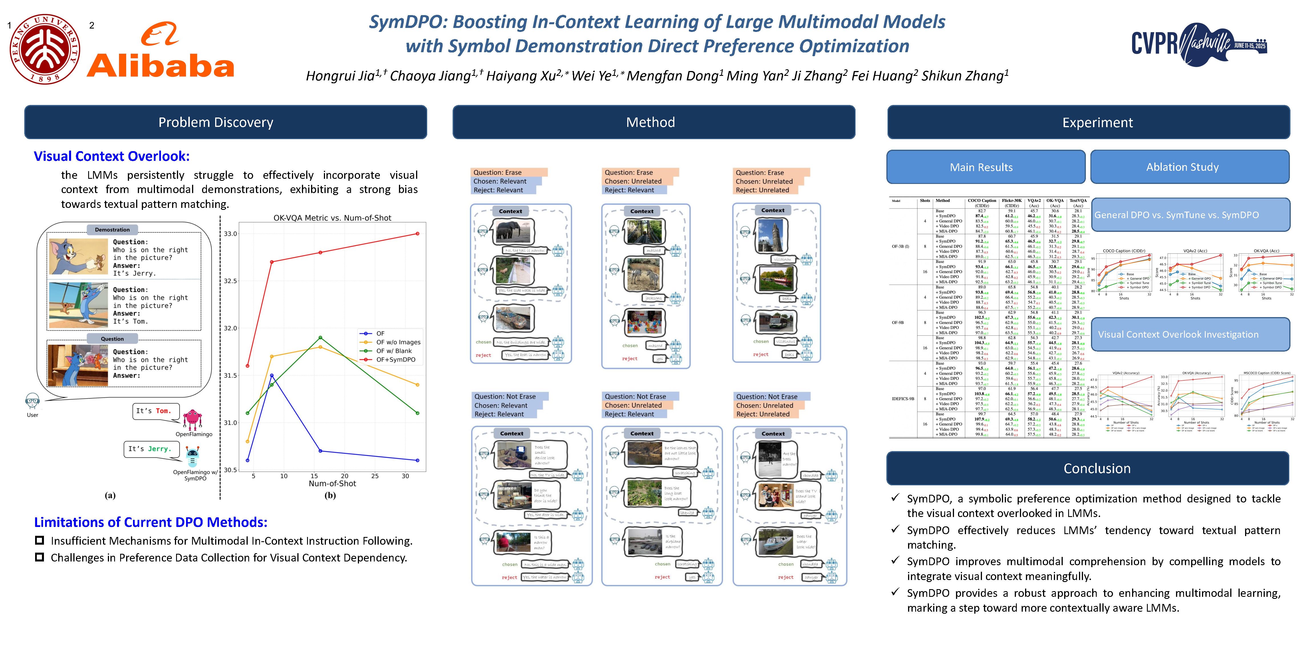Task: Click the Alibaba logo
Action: tap(160, 51)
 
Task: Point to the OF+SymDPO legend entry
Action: tap(396, 360)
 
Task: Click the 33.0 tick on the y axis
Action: tap(230, 234)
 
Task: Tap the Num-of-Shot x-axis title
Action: tap(332, 484)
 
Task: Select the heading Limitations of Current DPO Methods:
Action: tap(151, 522)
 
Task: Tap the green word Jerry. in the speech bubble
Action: tap(158, 449)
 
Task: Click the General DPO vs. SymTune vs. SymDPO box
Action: tap(1189, 215)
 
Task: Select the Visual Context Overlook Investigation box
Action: tap(1189, 334)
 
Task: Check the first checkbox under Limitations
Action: tap(39, 540)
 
